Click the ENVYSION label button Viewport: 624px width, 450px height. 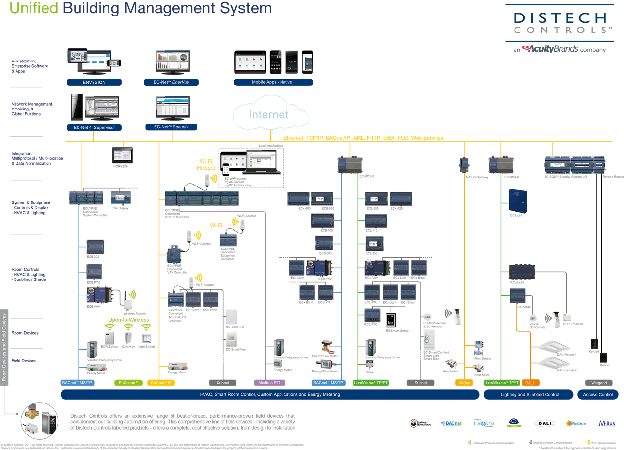94,82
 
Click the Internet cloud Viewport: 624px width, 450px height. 269,115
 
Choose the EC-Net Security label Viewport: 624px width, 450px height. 172,127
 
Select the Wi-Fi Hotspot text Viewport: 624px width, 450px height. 205,165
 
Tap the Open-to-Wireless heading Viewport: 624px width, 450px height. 128,320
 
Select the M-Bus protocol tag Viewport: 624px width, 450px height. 464,383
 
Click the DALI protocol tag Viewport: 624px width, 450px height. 530,383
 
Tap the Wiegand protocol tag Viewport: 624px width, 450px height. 598,383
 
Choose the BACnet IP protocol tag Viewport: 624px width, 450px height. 160,383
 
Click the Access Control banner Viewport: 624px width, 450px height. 597,395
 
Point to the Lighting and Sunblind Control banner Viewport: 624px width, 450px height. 530,395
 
